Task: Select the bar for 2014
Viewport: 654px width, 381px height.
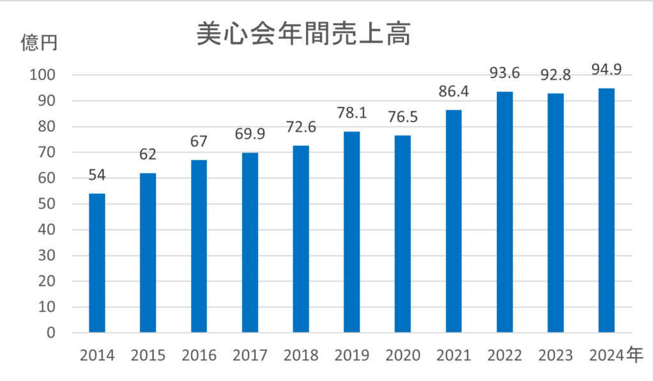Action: pyautogui.click(x=97, y=263)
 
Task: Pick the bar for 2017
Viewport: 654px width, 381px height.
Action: pyautogui.click(x=250, y=242)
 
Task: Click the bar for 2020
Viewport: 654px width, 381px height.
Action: pyautogui.click(x=402, y=234)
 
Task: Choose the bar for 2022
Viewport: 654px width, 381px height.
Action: pyautogui.click(x=505, y=212)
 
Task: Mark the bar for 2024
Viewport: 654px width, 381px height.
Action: pyautogui.click(x=606, y=210)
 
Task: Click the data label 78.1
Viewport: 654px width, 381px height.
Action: pyautogui.click(x=352, y=113)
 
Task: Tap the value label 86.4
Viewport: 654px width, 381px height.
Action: pyautogui.click(x=453, y=92)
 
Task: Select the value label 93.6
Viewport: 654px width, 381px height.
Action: pyautogui.click(x=505, y=74)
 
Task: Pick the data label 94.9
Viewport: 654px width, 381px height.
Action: pyautogui.click(x=606, y=69)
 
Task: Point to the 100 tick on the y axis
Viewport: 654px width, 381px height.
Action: pyautogui.click(x=43, y=75)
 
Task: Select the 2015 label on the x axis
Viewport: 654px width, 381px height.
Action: pyautogui.click(x=148, y=355)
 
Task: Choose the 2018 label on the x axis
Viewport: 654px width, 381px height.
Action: pyautogui.click(x=301, y=355)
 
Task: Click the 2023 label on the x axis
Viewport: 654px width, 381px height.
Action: pyautogui.click(x=556, y=355)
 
